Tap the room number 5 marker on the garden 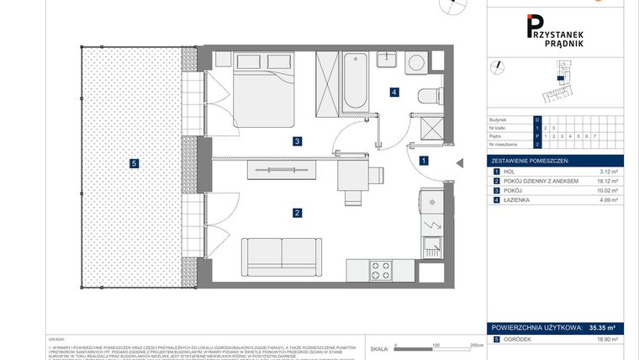[x=133, y=163]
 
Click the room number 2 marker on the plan [x=297, y=213]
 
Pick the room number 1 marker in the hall [x=425, y=160]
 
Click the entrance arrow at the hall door [x=458, y=163]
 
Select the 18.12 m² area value [x=607, y=181]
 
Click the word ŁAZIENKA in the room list [x=518, y=200]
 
